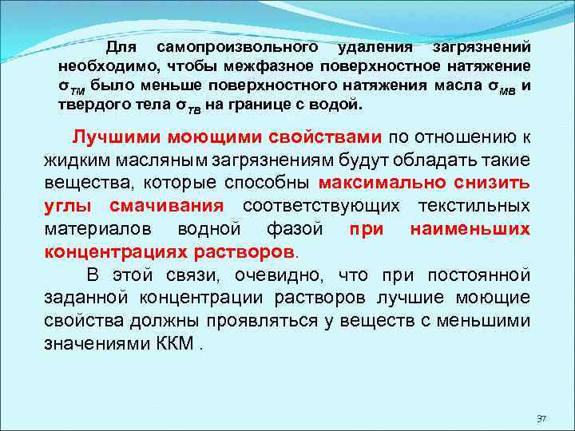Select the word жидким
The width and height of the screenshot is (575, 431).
point(74,160)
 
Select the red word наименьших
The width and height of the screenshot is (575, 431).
point(470,229)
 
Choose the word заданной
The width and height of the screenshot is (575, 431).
point(85,299)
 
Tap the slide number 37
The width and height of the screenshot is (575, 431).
point(541,418)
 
